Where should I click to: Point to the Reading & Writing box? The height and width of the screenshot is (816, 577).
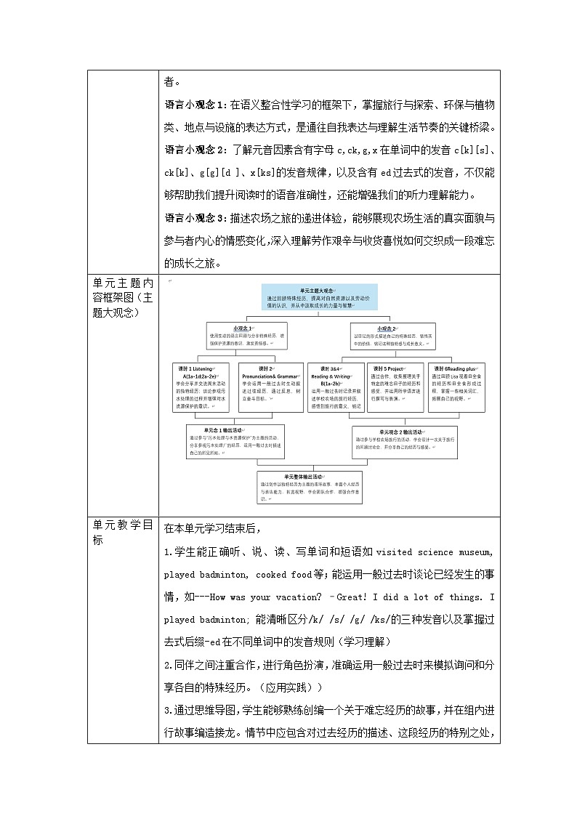click(x=335, y=388)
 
